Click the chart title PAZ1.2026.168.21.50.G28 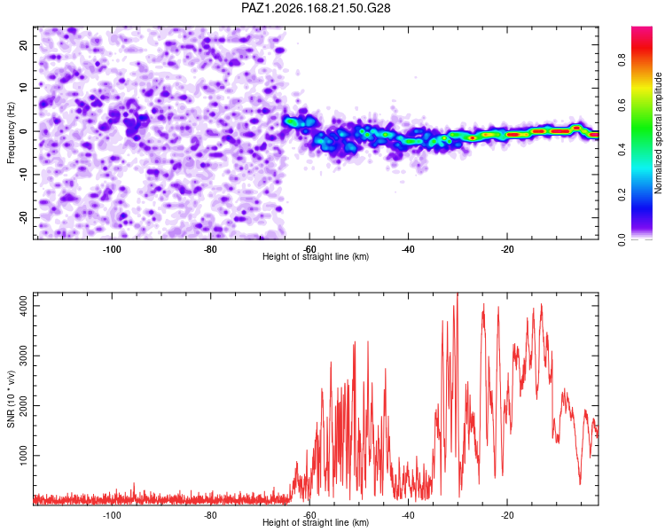(x=316, y=8)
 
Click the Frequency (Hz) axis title (x=11, y=133)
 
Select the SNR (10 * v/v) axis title (x=11, y=399)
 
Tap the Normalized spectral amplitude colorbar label (x=658, y=133)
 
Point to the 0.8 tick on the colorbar (x=622, y=59)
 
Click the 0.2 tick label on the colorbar (x=622, y=195)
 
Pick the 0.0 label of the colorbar (x=622, y=239)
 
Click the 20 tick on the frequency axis (x=23, y=45)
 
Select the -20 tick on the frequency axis (x=23, y=217)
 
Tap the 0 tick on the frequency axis (x=23, y=131)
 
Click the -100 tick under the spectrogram (x=112, y=249)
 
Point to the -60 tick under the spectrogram (x=309, y=249)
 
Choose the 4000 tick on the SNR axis (x=23, y=305)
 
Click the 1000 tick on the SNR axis (x=23, y=455)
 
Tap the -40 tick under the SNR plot (x=409, y=515)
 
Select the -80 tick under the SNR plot (x=210, y=515)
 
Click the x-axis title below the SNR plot (x=316, y=522)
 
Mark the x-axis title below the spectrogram (x=316, y=256)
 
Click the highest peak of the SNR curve (x=458, y=293)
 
